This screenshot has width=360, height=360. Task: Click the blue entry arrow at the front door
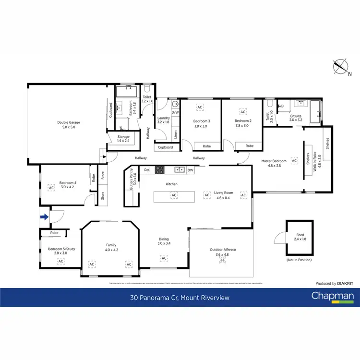[x=44, y=217]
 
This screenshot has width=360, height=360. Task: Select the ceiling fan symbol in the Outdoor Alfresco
[x=222, y=260]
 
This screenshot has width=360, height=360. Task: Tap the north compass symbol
[x=343, y=67]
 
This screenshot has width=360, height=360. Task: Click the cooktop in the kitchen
[x=159, y=169]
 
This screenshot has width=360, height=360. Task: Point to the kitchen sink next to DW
[x=180, y=169]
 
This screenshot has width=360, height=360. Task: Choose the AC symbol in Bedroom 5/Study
[x=60, y=261]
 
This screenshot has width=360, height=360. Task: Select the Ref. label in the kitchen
[x=147, y=170]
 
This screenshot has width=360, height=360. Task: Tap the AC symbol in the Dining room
[x=164, y=258]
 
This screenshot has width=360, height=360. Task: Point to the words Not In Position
[x=300, y=260]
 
